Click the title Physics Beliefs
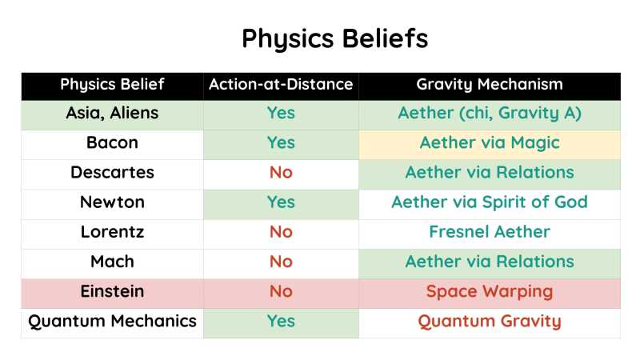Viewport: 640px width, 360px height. [334, 38]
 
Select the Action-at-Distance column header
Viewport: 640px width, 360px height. [280, 84]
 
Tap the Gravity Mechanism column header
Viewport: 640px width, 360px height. [489, 84]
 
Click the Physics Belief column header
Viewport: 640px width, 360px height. [112, 84]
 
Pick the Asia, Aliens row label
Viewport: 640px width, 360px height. [112, 113]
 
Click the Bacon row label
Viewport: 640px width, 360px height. [112, 142]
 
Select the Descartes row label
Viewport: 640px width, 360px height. [112, 172]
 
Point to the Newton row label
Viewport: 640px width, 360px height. [112, 202]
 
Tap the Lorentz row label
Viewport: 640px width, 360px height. [112, 232]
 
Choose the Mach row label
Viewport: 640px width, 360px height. [112, 262]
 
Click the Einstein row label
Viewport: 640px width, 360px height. [112, 291]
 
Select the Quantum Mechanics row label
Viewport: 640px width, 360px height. [112, 321]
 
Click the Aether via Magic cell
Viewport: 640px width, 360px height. [489, 142]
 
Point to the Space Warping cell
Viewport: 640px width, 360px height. [489, 291]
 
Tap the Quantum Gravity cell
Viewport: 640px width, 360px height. [489, 321]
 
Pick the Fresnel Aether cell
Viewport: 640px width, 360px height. [489, 232]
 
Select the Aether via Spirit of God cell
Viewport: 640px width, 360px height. [489, 202]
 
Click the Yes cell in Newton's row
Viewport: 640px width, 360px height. [281, 202]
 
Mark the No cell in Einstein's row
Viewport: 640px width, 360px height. [281, 291]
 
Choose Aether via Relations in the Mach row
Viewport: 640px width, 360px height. [489, 262]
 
